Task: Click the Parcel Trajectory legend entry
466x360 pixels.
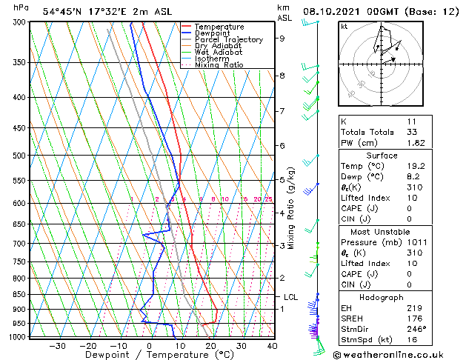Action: tap(228, 39)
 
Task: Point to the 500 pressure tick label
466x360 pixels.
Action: tap(19, 156)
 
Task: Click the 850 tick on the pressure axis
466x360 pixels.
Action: tap(19, 294)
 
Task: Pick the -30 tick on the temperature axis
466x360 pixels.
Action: tap(56, 345)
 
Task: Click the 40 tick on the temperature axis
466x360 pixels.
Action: tap(272, 345)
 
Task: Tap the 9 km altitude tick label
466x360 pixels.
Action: tap(282, 38)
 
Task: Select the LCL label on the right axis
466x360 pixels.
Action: tap(290, 297)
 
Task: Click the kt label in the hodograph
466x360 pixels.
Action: tap(344, 27)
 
